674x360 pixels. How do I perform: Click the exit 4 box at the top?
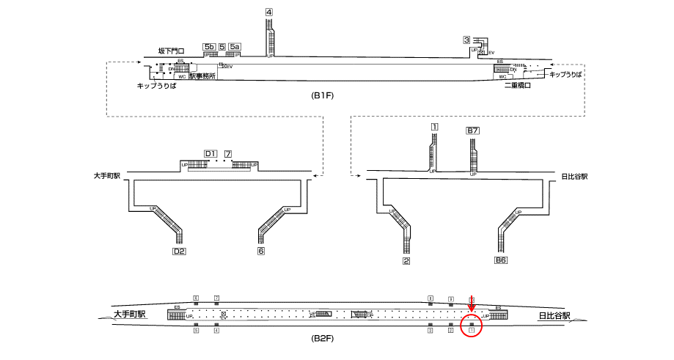[269, 12]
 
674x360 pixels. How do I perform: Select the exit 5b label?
[209, 47]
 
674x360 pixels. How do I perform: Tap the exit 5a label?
[235, 47]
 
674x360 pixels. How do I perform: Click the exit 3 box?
[466, 40]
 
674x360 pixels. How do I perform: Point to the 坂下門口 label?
[171, 51]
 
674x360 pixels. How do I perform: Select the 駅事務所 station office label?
[202, 76]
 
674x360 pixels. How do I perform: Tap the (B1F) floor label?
[323, 96]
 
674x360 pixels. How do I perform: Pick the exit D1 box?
[210, 153]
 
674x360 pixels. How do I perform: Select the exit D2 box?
[178, 251]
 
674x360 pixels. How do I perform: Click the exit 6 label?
[260, 251]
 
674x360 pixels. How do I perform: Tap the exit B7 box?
[473, 131]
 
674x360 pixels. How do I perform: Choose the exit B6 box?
[501, 260]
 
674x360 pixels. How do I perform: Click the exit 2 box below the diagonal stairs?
[406, 260]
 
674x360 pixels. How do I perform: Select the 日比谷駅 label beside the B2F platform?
[555, 316]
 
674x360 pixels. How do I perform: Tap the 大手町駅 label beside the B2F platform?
[130, 314]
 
